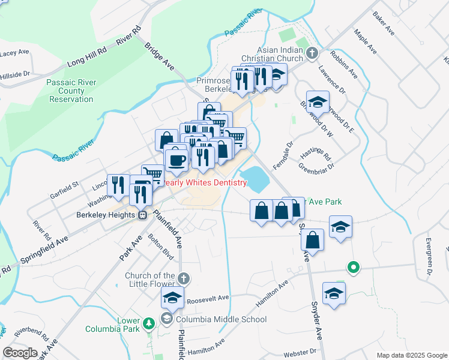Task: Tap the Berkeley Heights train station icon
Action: pos(143,215)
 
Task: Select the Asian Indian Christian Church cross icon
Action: pos(312,53)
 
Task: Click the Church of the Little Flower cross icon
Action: pos(184,278)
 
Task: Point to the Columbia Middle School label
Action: pos(220,319)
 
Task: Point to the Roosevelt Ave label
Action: pos(208,298)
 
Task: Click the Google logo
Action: pos(20,353)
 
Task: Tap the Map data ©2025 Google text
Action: pos(412,355)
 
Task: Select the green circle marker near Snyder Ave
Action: pos(354,267)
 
